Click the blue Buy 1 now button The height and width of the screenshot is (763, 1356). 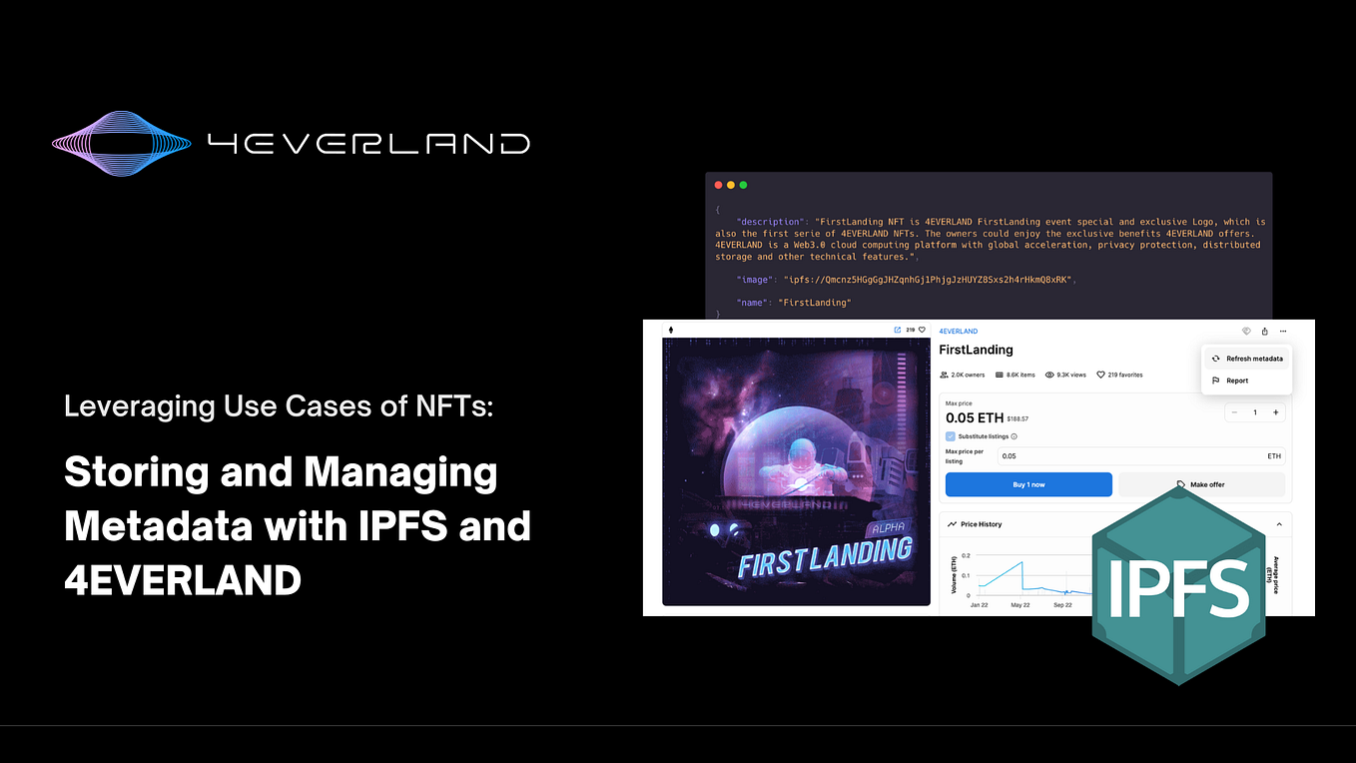coord(1028,484)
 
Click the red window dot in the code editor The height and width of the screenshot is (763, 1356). coord(717,185)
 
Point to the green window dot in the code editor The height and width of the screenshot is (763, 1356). coord(743,185)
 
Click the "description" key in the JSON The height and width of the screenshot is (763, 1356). coord(769,222)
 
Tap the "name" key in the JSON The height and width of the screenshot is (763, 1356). coord(754,303)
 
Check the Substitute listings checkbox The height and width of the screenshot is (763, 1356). coord(950,436)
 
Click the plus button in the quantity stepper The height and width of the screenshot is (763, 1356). coord(1275,412)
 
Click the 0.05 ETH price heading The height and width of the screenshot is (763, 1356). coord(973,417)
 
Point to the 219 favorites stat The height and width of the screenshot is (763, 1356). coord(1119,376)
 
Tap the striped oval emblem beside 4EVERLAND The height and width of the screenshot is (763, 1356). coord(121,143)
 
